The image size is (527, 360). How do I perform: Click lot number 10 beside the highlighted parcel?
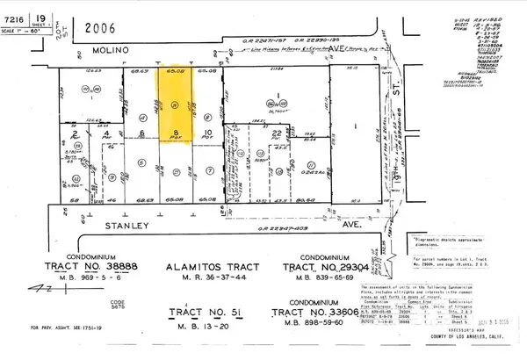tap(207, 133)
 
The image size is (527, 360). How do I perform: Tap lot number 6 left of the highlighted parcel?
tap(141, 133)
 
